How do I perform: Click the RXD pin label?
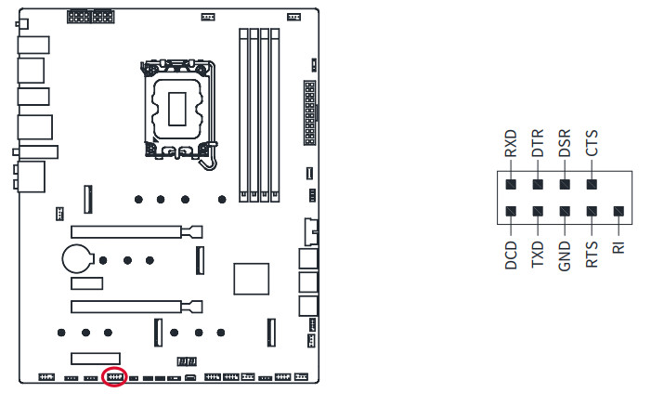pyautogui.click(x=510, y=147)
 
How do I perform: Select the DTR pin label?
pyautogui.click(x=537, y=147)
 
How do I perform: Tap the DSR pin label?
pyautogui.click(x=565, y=147)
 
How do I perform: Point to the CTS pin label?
pyautogui.click(x=592, y=146)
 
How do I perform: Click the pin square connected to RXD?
pyautogui.click(x=510, y=184)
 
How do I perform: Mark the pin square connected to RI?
pyautogui.click(x=619, y=212)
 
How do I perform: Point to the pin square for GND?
pyautogui.click(x=565, y=212)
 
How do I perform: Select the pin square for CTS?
pyautogui.click(x=592, y=184)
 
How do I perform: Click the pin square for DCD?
pyautogui.click(x=510, y=212)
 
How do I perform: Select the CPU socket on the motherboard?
pyautogui.click(x=177, y=104)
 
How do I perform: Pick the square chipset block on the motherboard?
pyautogui.click(x=251, y=280)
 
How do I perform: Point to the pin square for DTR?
pyautogui.click(x=537, y=184)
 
